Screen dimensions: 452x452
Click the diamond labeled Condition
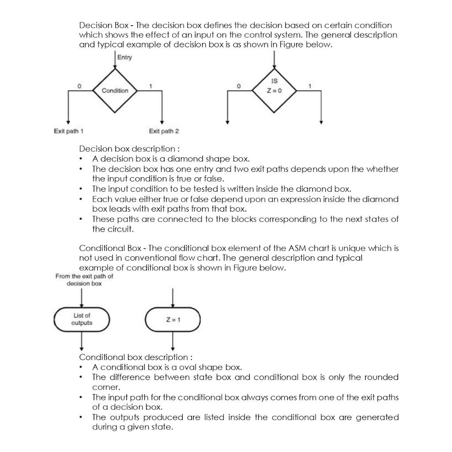pyautogui.click(x=115, y=91)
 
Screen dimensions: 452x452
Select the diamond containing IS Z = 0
pyautogui.click(x=274, y=87)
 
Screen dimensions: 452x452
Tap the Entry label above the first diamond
pyautogui.click(x=124, y=57)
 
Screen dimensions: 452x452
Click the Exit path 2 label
pyautogui.click(x=164, y=131)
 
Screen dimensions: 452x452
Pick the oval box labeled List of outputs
pyautogui.click(x=82, y=319)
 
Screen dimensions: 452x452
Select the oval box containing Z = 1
pyautogui.click(x=173, y=320)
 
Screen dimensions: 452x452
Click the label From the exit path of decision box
pyautogui.click(x=84, y=280)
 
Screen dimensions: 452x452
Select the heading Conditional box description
pyautogui.click(x=135, y=357)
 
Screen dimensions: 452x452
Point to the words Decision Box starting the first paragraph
pyautogui.click(x=98, y=25)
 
